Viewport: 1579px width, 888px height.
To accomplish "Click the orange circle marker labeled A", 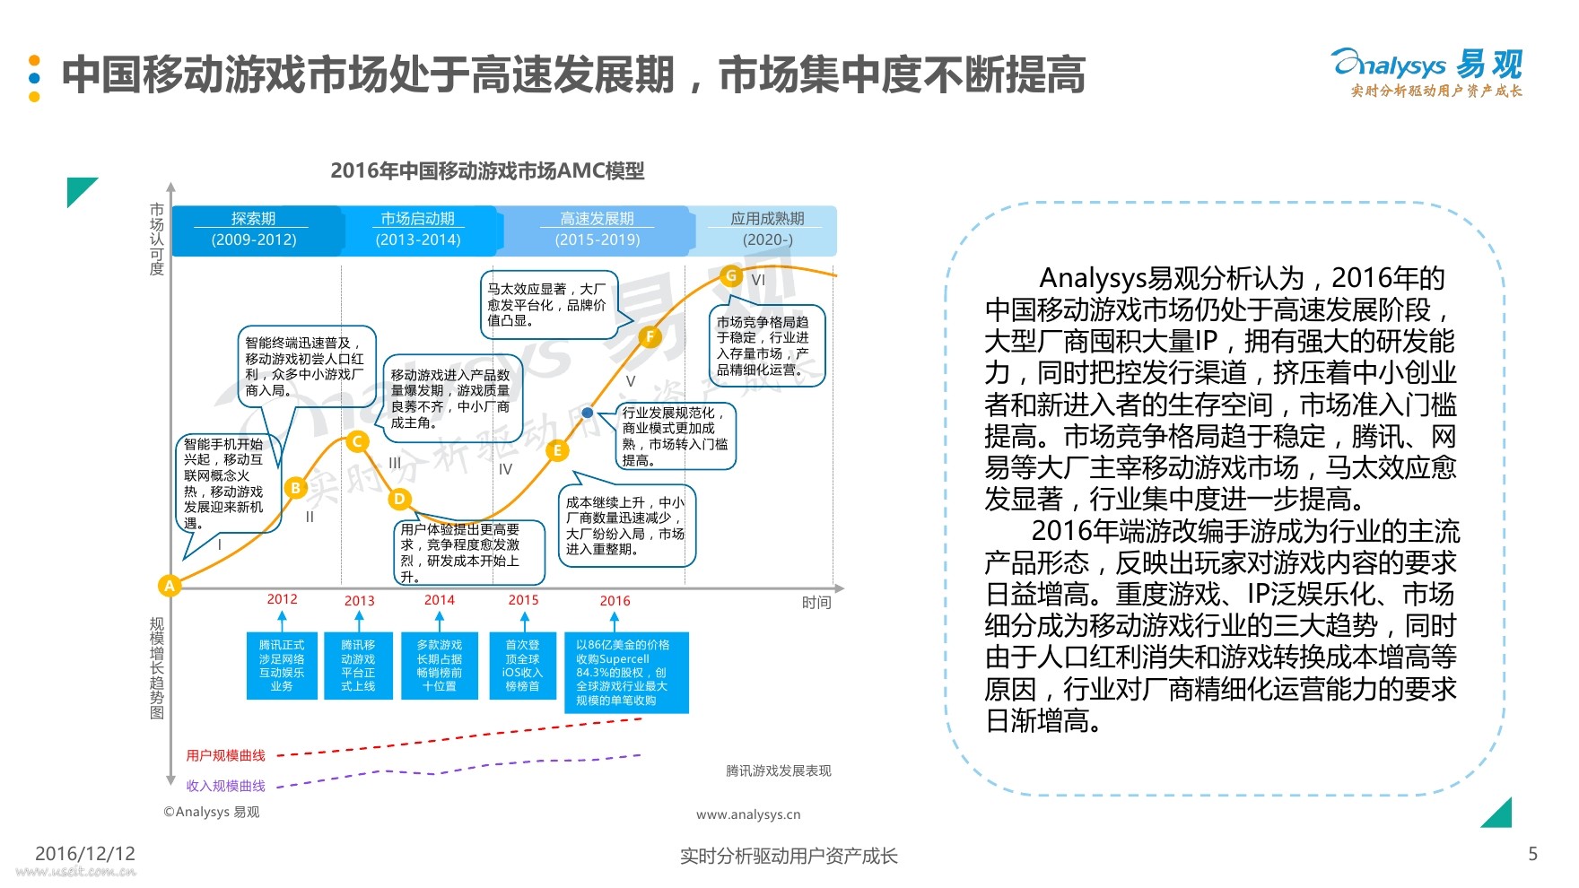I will point(169,586).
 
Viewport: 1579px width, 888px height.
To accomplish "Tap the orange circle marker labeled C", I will point(357,441).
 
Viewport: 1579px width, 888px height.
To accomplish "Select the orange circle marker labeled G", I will point(731,276).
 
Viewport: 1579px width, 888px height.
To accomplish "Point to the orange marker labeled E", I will point(557,450).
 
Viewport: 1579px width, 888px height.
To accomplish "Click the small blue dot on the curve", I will point(587,413).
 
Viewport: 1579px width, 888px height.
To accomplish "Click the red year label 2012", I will point(282,599).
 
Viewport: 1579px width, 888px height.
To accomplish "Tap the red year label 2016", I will point(615,600).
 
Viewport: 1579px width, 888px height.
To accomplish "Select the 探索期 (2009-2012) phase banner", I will point(254,230).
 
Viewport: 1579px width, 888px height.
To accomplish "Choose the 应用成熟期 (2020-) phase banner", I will point(766,230).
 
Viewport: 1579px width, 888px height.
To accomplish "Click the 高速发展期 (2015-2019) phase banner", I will point(597,230).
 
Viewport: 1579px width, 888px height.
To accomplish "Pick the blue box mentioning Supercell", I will point(626,673).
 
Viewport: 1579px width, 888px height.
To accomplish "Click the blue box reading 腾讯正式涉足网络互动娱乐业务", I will point(282,666).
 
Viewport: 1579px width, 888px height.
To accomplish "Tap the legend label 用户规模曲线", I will point(225,755).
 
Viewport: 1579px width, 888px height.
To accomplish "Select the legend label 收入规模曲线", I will point(225,786).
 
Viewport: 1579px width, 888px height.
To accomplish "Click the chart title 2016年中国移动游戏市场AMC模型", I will point(487,170).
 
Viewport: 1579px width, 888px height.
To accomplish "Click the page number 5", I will point(1532,854).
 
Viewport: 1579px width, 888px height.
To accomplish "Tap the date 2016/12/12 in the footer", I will point(85,853).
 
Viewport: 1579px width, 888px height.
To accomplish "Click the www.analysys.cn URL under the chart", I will point(748,814).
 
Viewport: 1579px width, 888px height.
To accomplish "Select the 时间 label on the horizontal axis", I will point(816,603).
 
